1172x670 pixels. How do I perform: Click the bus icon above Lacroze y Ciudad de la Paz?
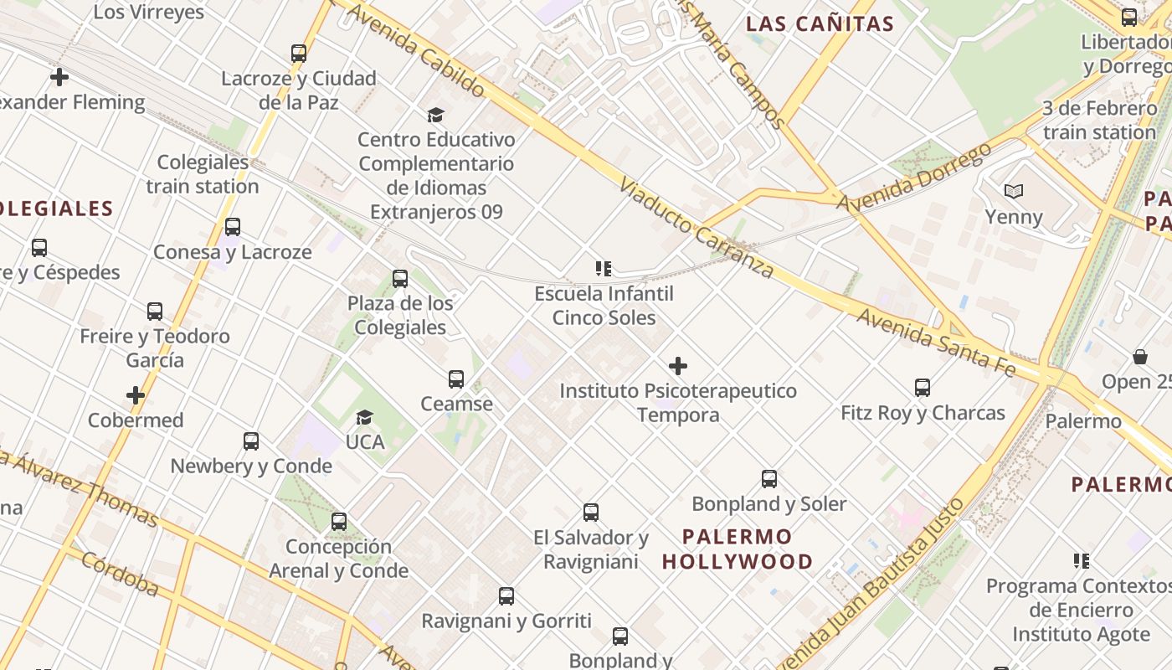(299, 54)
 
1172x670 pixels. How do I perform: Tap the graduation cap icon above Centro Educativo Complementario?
(435, 115)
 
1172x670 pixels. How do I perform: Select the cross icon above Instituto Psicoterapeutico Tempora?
(678, 366)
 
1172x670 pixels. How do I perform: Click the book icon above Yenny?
(1014, 192)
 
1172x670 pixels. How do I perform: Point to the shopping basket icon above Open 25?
(1139, 357)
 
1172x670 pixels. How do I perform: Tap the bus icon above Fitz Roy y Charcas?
(923, 388)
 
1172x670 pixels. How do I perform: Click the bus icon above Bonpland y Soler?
(769, 479)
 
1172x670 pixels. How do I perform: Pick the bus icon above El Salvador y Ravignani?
(591, 513)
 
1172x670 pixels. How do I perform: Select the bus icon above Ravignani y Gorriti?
(506, 596)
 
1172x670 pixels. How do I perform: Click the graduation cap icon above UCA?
(364, 417)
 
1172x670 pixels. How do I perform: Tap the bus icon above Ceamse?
(456, 379)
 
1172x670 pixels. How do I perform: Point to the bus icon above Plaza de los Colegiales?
(400, 278)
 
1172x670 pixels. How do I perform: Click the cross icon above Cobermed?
(136, 395)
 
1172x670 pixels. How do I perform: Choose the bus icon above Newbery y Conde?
(251, 441)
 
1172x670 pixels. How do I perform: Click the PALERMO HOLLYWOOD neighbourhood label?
(738, 549)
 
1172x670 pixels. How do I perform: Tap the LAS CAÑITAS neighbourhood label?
(820, 23)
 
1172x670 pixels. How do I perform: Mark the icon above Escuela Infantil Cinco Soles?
(604, 269)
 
